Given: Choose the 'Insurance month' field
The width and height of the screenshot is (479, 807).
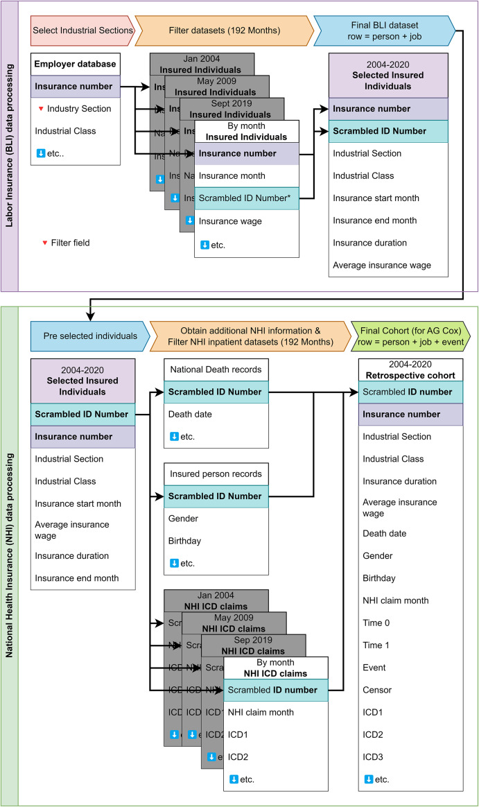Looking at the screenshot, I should pyautogui.click(x=232, y=175).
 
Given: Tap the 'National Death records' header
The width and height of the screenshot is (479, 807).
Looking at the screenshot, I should pyautogui.click(x=215, y=370).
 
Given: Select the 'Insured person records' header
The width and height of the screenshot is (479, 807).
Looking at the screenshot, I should pyautogui.click(x=215, y=474).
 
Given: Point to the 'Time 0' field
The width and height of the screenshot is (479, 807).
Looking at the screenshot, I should pyautogui.click(x=376, y=623).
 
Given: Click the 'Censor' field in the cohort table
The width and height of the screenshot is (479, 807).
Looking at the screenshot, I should pyautogui.click(x=377, y=690).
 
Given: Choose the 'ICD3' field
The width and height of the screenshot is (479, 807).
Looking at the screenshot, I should pyautogui.click(x=373, y=756).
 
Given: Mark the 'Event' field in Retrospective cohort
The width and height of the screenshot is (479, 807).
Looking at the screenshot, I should pyautogui.click(x=374, y=668).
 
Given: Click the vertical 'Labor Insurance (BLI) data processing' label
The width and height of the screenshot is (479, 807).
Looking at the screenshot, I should pyautogui.click(x=8, y=146).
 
